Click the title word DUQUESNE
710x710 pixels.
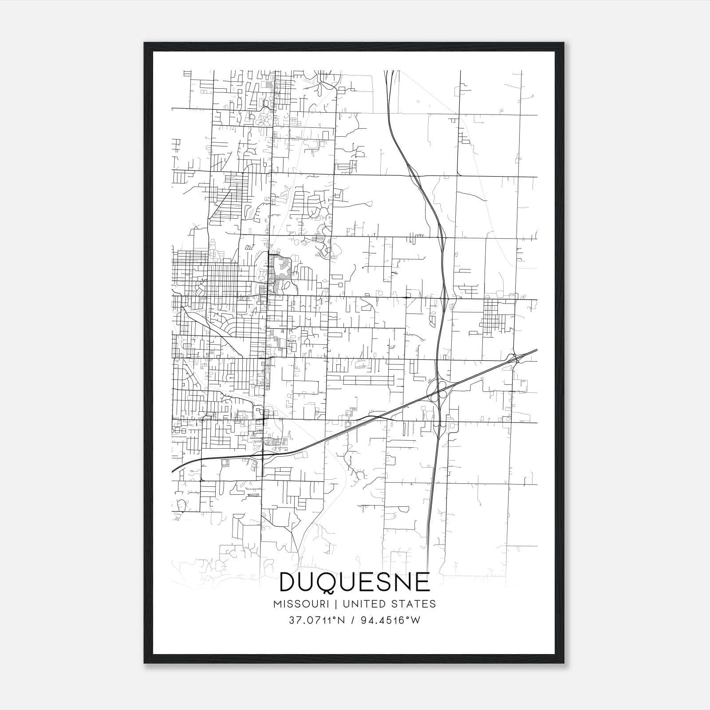[x=355, y=583]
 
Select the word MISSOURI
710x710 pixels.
[x=301, y=604]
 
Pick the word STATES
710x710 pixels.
[x=413, y=604]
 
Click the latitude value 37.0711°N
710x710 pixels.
[x=316, y=620]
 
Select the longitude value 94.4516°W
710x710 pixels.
[x=390, y=620]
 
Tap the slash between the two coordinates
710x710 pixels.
[x=353, y=620]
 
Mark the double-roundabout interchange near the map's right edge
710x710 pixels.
[x=515, y=358]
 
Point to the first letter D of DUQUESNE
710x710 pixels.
[x=288, y=583]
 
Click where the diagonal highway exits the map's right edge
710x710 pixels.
[x=536, y=350]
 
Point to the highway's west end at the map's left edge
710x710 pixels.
[x=173, y=470]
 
